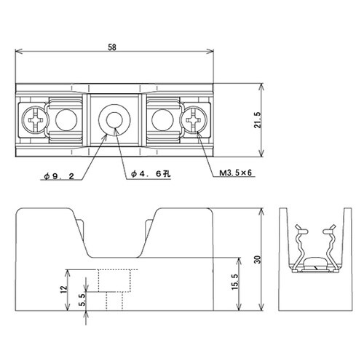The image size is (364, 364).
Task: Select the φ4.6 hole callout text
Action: click(150, 174)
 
